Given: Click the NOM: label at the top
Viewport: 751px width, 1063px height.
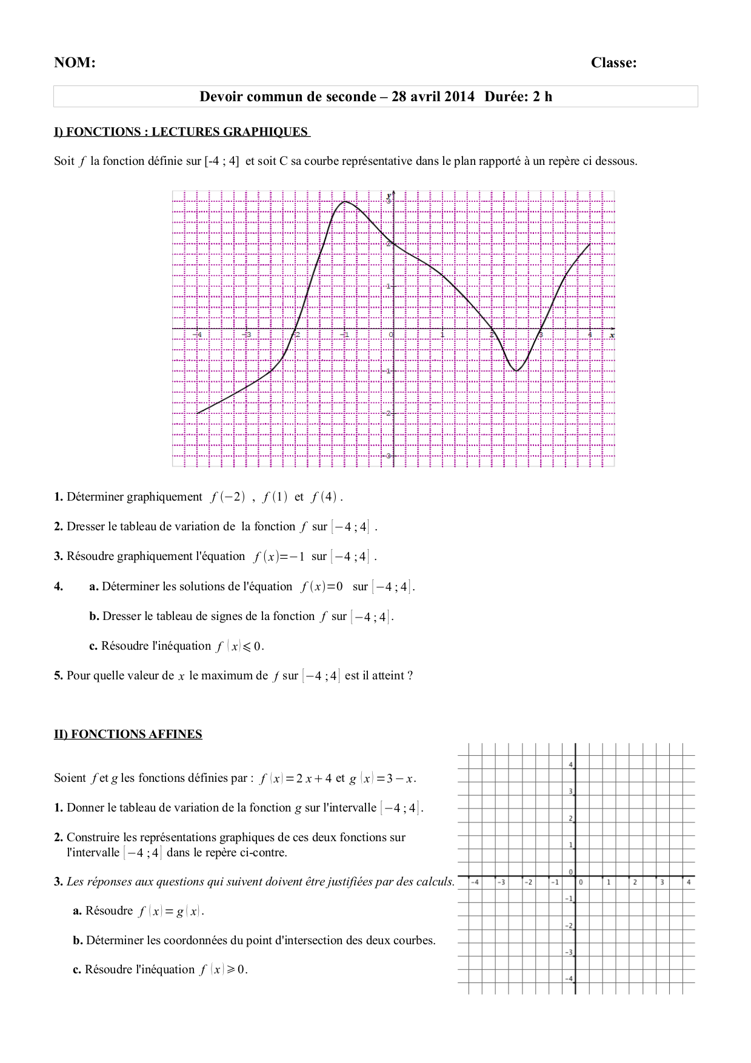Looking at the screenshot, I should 75,63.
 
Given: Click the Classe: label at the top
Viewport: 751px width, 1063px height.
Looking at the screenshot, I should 613,63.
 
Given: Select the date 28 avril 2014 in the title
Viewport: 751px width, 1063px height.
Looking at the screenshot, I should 433,97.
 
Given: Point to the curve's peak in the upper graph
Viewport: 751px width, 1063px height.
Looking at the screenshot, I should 344,201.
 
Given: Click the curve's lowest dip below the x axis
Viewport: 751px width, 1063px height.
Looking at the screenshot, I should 516,370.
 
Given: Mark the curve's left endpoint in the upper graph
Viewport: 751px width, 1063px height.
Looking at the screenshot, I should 198,413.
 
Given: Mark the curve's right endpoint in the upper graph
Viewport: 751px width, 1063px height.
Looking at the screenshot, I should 590,244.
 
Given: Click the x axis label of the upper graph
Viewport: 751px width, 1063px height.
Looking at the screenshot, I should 612,336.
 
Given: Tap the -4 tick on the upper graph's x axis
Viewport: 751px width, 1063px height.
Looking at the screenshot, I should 197,334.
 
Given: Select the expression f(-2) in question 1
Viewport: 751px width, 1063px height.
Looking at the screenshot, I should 228,497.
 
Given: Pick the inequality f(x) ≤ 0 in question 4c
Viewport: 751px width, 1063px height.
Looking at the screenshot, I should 239,646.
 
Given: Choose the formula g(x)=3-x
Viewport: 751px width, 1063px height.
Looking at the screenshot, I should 382,778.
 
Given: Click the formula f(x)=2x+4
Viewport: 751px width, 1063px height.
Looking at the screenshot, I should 295,778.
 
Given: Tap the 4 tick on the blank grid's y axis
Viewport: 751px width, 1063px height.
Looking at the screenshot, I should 570,765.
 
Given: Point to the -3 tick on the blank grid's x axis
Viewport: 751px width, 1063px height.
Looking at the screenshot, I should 501,882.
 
